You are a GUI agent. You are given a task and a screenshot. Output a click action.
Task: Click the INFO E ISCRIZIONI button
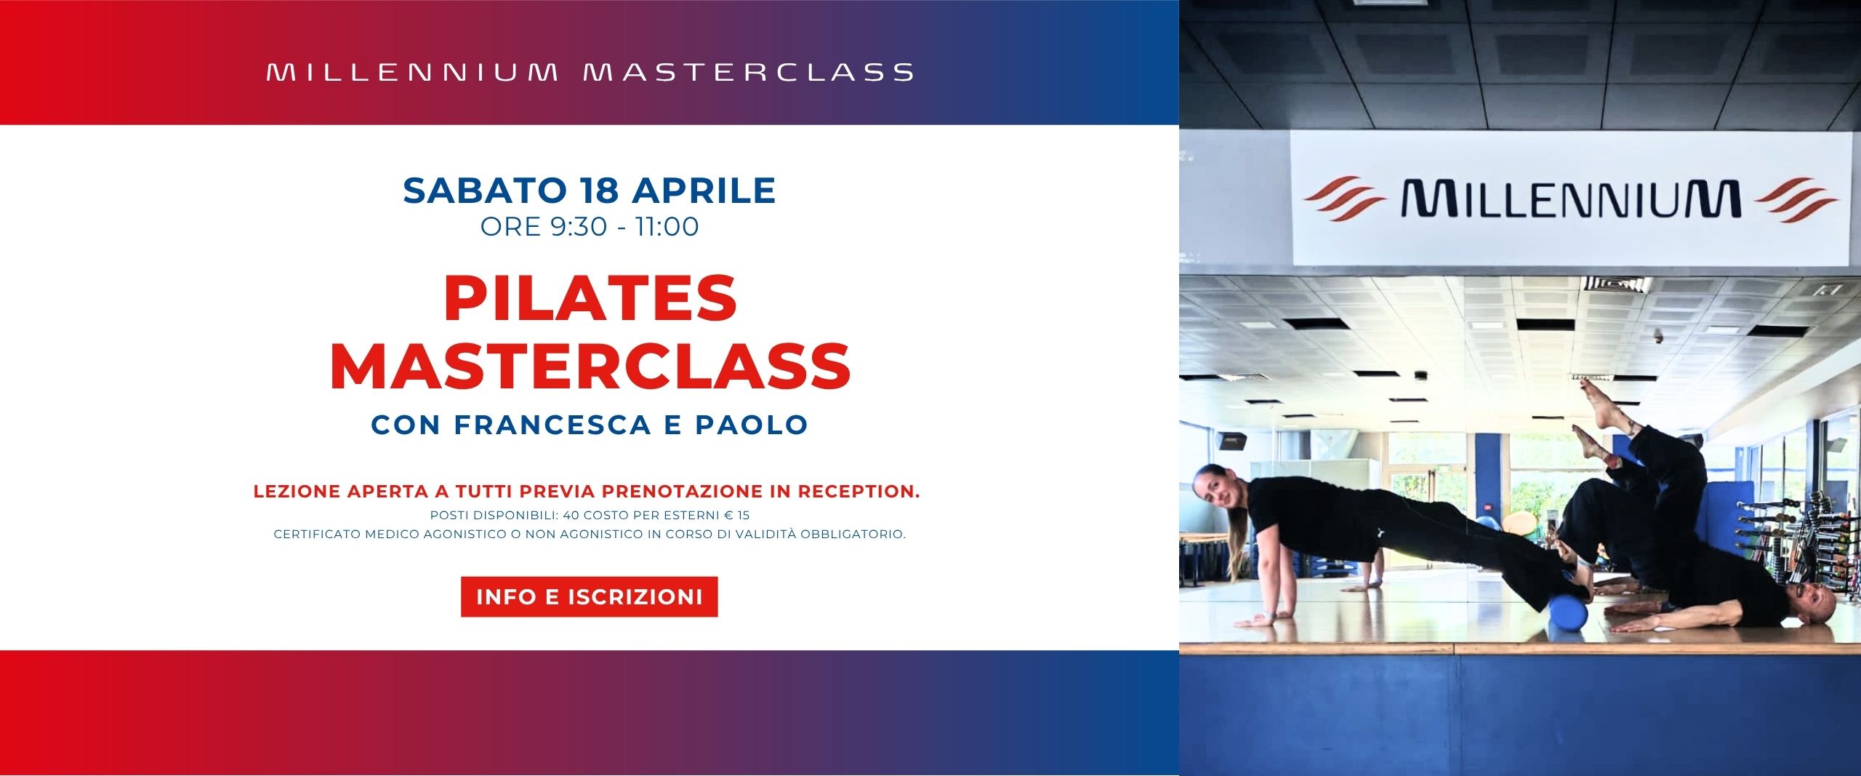pos(589,597)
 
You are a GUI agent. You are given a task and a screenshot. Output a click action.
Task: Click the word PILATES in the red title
pos(590,299)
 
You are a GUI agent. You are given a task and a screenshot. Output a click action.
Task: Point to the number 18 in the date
pos(600,191)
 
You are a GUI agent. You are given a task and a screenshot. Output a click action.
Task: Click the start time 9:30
pos(579,227)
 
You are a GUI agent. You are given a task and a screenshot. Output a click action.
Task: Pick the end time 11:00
pos(667,227)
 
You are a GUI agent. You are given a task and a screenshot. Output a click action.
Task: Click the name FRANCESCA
pos(552,425)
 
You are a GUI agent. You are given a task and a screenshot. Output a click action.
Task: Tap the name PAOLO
pos(752,425)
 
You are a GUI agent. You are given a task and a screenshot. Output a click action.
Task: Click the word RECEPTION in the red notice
pos(859,492)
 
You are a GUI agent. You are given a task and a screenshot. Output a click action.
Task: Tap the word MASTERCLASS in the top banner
pos(749,72)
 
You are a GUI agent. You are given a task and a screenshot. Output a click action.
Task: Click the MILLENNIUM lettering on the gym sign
pos(1571,199)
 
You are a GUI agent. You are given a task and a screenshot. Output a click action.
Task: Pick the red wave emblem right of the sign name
pos(1796,199)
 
